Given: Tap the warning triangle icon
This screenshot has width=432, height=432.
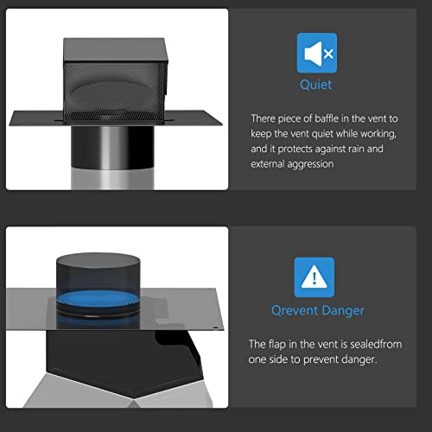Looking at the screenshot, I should [315, 276].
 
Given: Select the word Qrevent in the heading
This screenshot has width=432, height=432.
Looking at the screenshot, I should [292, 310].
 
